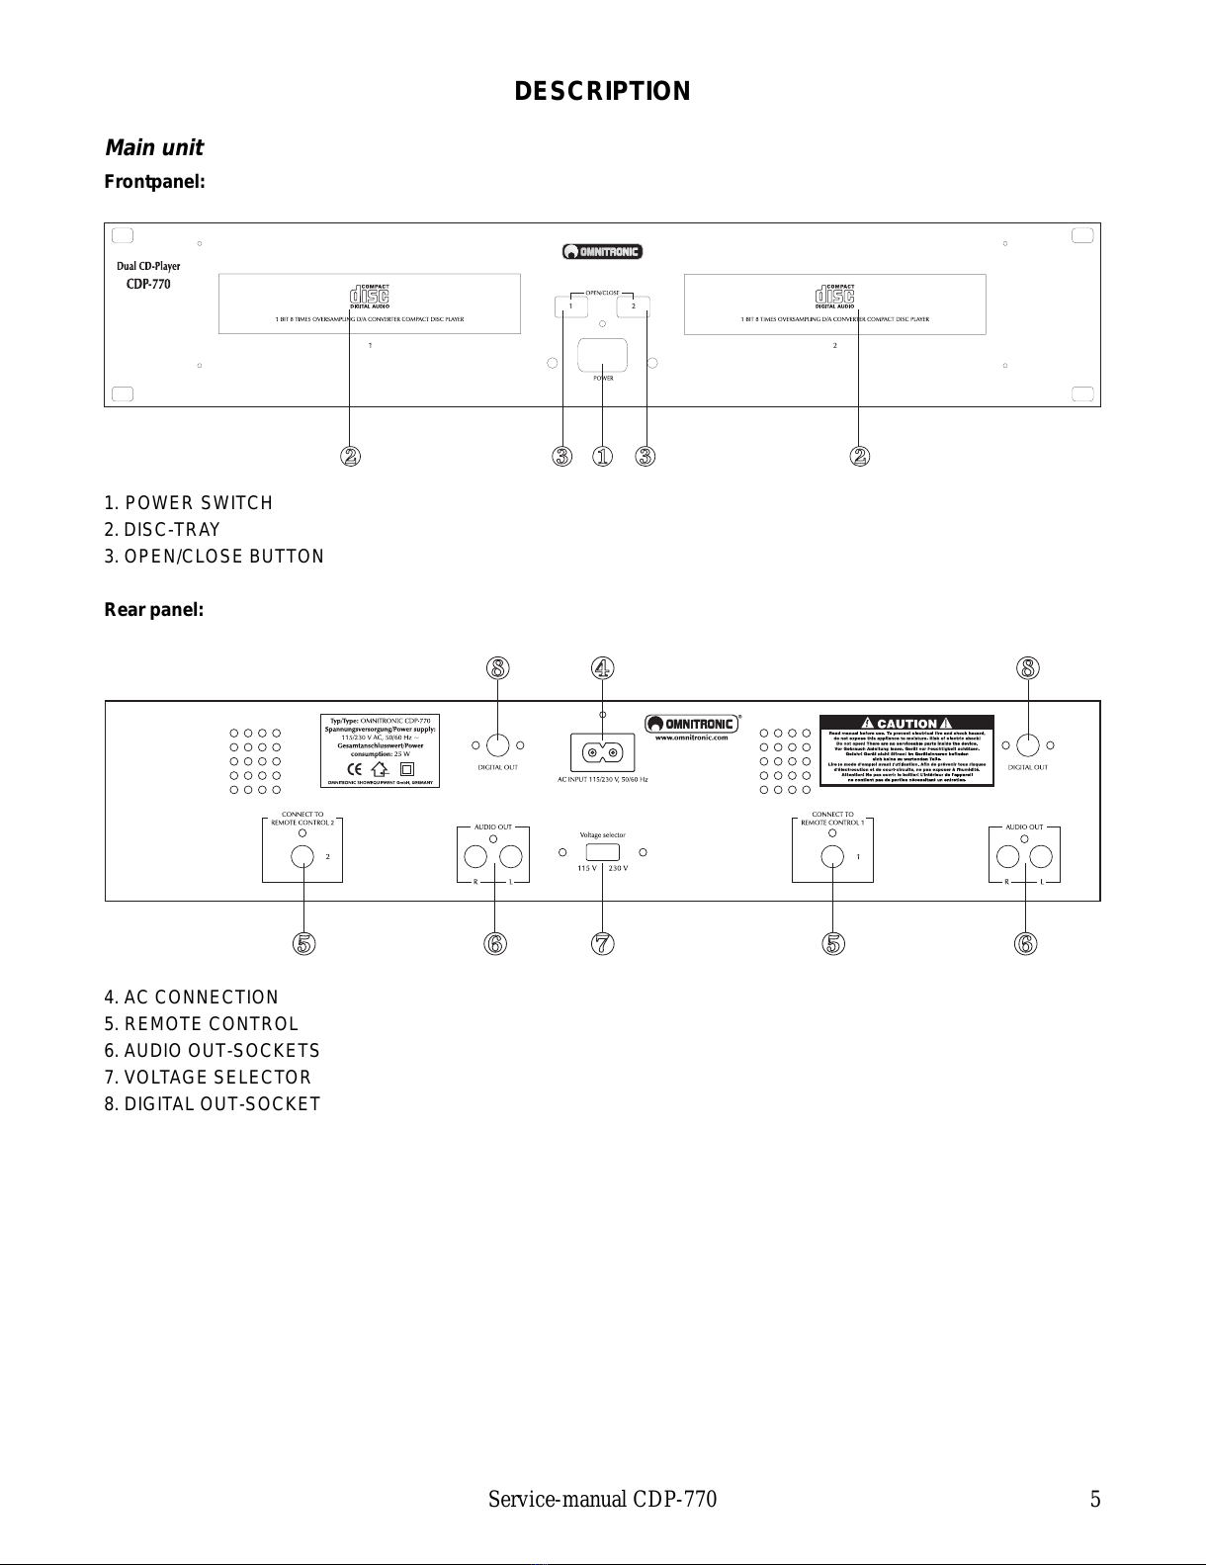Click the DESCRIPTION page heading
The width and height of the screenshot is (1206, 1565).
602,92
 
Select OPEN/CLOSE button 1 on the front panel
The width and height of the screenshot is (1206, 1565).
571,306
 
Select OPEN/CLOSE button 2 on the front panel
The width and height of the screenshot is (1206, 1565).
633,306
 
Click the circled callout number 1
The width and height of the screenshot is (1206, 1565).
603,456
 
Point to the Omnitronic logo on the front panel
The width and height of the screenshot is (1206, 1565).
602,251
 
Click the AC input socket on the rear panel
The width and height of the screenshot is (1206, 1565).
602,753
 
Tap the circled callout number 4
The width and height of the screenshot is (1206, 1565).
603,668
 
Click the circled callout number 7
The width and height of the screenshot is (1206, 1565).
603,943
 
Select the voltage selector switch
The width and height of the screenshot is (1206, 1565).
602,852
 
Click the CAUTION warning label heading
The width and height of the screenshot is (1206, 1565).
906,723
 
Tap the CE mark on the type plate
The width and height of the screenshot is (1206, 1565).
353,768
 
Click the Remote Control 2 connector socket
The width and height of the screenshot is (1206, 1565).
303,856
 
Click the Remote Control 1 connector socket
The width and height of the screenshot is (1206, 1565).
833,856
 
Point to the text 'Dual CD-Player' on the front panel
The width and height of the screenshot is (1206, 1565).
148,266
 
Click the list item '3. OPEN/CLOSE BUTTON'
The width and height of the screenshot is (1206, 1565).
215,557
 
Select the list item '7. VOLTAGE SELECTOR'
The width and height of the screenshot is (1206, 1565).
208,1077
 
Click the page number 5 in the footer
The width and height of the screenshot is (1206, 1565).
1094,1500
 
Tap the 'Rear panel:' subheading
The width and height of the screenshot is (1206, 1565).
154,609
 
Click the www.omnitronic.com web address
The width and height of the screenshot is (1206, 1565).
691,738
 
